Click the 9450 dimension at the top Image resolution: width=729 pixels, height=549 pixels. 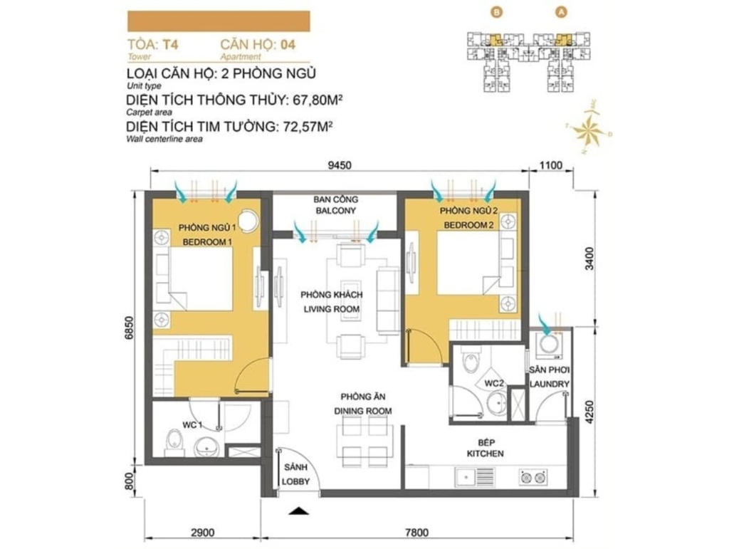[x=340, y=165]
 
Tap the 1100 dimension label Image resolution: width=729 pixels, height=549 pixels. [x=551, y=165]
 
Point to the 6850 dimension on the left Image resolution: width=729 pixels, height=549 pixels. [x=130, y=329]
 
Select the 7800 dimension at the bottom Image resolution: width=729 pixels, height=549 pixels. [x=416, y=533]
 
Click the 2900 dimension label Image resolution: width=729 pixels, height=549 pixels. [x=202, y=533]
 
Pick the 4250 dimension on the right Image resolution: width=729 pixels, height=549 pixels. [x=590, y=412]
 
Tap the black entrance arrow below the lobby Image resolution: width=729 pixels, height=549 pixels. [x=298, y=511]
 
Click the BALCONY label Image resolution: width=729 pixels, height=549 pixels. [x=336, y=211]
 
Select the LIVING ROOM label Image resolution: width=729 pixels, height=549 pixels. [x=332, y=309]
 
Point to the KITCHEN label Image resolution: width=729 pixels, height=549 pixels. [x=485, y=454]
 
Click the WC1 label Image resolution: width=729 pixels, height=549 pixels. [x=192, y=425]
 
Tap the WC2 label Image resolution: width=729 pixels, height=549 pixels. [x=494, y=384]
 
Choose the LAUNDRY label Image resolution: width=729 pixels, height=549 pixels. [x=549, y=384]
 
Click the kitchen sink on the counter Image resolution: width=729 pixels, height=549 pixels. [x=475, y=477]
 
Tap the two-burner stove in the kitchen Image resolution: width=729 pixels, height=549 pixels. [x=533, y=477]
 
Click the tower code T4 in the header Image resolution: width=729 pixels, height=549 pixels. [x=170, y=45]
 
